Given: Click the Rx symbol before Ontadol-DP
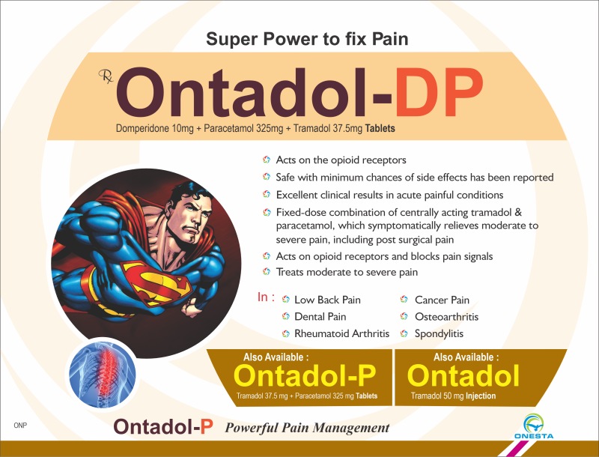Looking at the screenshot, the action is pyautogui.click(x=106, y=76).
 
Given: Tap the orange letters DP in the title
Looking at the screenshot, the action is pyautogui.click(x=439, y=93).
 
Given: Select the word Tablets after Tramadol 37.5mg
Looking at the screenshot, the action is pyautogui.click(x=380, y=128).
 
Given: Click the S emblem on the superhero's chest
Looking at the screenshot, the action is pyautogui.click(x=156, y=282).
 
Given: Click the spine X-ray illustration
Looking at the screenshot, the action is pyautogui.click(x=102, y=373).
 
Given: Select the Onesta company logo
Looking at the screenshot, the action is pyautogui.click(x=534, y=426).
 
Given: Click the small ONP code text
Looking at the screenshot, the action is pyautogui.click(x=20, y=426).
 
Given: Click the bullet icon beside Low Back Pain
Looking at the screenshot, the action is pyautogui.click(x=285, y=300).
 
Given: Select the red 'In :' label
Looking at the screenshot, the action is pyautogui.click(x=266, y=297).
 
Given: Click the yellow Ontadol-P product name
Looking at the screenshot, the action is pyautogui.click(x=305, y=375).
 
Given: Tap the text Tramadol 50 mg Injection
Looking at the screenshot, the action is pyautogui.click(x=453, y=396).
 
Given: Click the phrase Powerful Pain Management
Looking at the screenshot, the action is pyautogui.click(x=307, y=428).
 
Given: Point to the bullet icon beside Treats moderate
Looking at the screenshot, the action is pyautogui.click(x=267, y=272).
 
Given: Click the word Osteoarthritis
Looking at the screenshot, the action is pyautogui.click(x=446, y=317).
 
